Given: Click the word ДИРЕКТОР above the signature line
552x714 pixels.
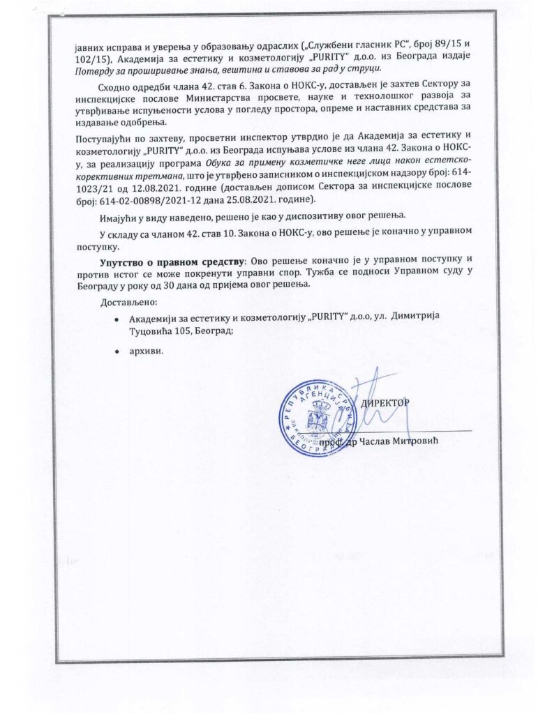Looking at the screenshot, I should coord(384,403).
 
